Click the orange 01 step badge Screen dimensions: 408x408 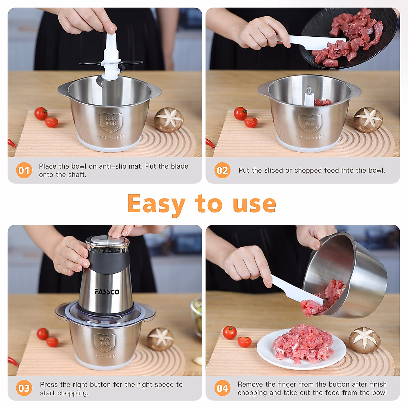(x=24, y=170)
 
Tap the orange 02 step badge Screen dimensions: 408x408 (x=222, y=170)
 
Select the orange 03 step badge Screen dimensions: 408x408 (x=24, y=388)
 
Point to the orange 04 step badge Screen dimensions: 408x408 (x=222, y=388)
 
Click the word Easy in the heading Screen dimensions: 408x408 (x=156, y=204)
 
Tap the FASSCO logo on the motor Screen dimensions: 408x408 (x=107, y=292)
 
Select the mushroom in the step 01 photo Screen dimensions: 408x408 (x=169, y=120)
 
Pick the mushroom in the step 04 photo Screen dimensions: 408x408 (x=364, y=340)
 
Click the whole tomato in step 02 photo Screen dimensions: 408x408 (x=240, y=113)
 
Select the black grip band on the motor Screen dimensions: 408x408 (x=109, y=262)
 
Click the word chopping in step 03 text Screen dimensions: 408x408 (x=74, y=393)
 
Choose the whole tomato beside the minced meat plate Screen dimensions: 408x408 (x=230, y=332)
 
